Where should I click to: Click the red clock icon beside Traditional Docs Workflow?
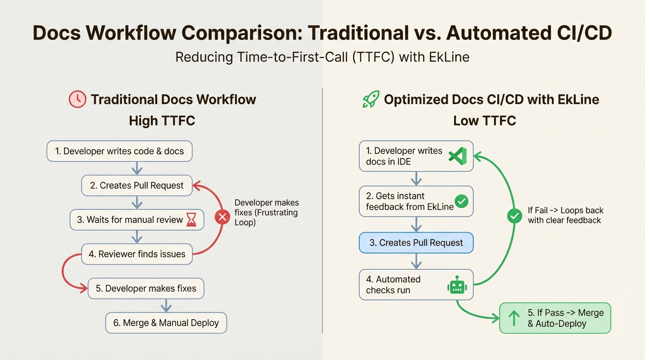pos(77,99)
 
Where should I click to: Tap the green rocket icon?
pos(371,99)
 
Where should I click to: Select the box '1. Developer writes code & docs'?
pos(120,151)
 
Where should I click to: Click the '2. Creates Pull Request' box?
pos(137,186)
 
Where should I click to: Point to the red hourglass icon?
pos(191,220)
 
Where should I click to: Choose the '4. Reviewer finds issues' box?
pos(137,255)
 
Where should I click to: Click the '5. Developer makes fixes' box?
pos(146,289)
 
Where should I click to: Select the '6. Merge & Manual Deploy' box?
pos(166,323)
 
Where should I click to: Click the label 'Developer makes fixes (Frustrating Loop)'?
pos(266,212)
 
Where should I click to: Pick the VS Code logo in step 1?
pos(457,156)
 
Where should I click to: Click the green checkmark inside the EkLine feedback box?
pos(462,202)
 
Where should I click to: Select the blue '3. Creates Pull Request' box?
pos(416,243)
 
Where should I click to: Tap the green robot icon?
pos(457,285)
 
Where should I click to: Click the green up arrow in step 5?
pos(514,318)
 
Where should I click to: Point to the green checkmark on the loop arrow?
pos(515,216)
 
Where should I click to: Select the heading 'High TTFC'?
pos(162,121)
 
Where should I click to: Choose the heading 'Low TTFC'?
pos(484,121)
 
